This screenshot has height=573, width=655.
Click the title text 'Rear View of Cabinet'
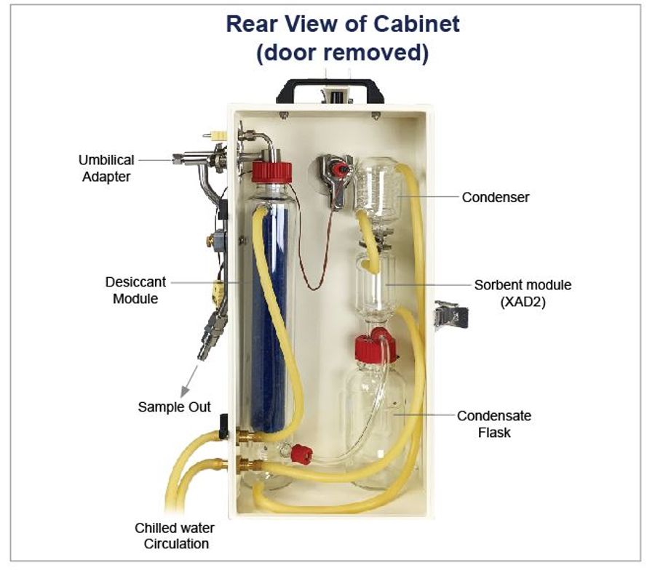click(342, 24)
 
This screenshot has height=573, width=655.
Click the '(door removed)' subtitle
click(342, 53)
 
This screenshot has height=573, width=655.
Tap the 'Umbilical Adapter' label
click(106, 167)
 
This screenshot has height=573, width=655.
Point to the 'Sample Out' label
click(174, 406)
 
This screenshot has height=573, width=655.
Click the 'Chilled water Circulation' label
click(176, 536)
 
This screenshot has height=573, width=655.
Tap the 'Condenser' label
click(496, 196)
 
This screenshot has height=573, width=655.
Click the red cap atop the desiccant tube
click(271, 172)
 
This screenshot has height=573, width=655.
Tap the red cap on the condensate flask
click(376, 348)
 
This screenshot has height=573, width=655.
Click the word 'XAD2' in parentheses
click(523, 300)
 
